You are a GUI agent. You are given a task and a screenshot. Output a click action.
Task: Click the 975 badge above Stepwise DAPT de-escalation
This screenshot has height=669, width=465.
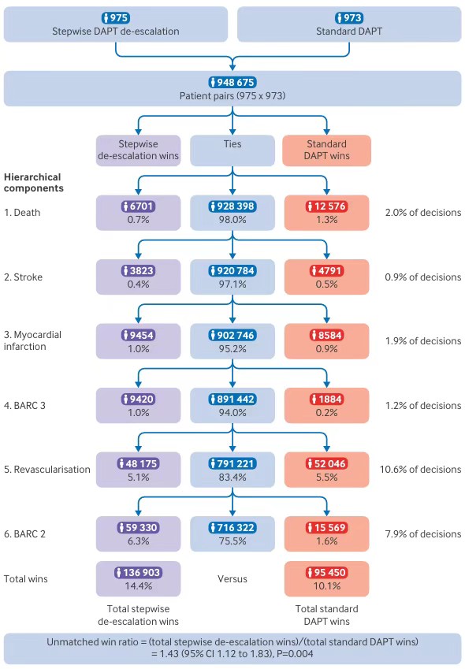coord(116,18)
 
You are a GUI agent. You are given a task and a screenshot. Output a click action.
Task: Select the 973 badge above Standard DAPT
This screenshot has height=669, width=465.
coord(349,18)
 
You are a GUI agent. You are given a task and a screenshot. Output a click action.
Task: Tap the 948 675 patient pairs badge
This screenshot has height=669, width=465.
coord(232,83)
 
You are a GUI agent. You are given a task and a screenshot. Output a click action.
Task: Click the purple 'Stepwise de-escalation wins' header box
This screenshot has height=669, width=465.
coord(138,151)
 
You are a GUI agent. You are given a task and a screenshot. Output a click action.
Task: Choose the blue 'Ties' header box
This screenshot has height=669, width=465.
coord(232,151)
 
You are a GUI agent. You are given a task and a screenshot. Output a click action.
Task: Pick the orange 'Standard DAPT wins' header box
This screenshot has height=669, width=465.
coord(327,151)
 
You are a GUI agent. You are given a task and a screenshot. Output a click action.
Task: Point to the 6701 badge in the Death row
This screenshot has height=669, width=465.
coord(138,206)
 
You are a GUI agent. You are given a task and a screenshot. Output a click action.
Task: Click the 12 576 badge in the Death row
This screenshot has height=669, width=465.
coord(327,206)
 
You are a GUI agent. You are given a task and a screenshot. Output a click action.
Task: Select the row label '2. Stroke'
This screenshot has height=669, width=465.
coord(24,277)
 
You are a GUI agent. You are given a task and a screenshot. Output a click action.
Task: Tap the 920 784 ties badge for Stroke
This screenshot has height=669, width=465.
coord(232,271)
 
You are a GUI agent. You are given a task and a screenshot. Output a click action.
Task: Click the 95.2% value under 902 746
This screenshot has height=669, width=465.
coord(232,348)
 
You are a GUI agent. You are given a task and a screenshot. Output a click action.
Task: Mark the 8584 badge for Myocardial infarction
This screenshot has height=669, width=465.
coord(327,336)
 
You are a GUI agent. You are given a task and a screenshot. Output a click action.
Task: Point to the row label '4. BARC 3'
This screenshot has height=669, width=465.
coord(24,405)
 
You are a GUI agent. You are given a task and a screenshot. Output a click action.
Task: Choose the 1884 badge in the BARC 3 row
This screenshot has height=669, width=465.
coord(327,400)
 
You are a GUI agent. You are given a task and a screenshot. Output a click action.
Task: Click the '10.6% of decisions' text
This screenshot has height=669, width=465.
coord(421,470)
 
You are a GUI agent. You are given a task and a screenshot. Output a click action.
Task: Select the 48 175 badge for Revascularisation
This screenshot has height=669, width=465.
coord(138,464)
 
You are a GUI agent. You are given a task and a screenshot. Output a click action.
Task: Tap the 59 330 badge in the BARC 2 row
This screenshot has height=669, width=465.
coord(138,528)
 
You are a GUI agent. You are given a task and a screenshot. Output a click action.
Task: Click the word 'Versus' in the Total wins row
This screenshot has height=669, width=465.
coord(232,579)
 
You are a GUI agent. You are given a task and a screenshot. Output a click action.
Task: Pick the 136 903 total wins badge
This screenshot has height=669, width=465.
coord(138,573)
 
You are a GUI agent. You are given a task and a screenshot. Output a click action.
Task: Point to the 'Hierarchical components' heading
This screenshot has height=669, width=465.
coord(34,183)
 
